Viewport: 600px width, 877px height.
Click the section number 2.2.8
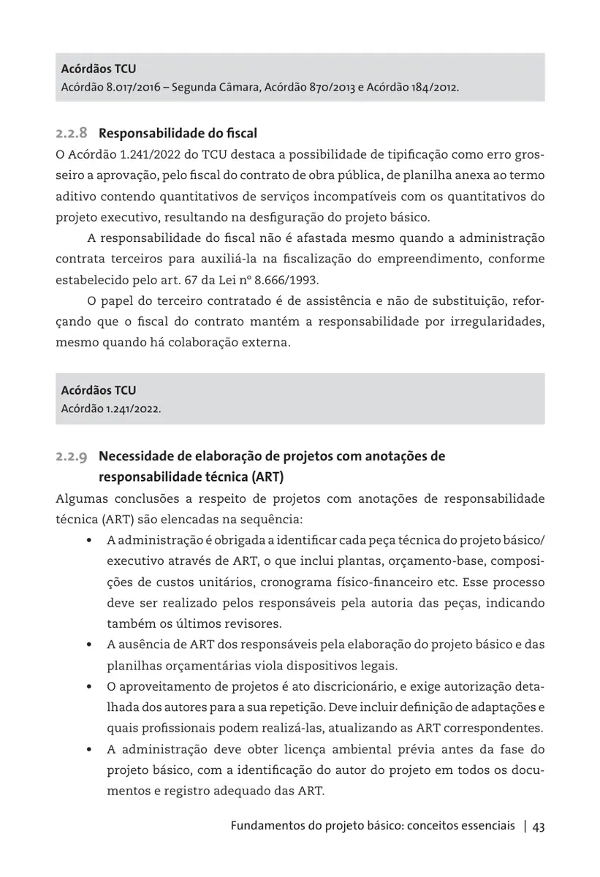click(x=72, y=134)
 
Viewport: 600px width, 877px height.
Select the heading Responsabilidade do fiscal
click(x=178, y=134)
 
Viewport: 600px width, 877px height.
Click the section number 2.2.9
click(x=72, y=457)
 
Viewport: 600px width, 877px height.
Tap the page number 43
click(x=539, y=827)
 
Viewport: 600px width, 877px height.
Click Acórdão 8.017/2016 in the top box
click(x=107, y=88)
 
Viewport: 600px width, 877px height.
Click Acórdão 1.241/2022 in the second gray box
click(x=110, y=408)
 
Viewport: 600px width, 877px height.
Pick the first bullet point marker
click(x=88, y=541)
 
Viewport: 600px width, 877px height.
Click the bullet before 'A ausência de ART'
click(x=88, y=645)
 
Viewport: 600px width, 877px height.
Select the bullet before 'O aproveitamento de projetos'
click(x=88, y=688)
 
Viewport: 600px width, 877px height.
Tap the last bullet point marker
click(x=88, y=750)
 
